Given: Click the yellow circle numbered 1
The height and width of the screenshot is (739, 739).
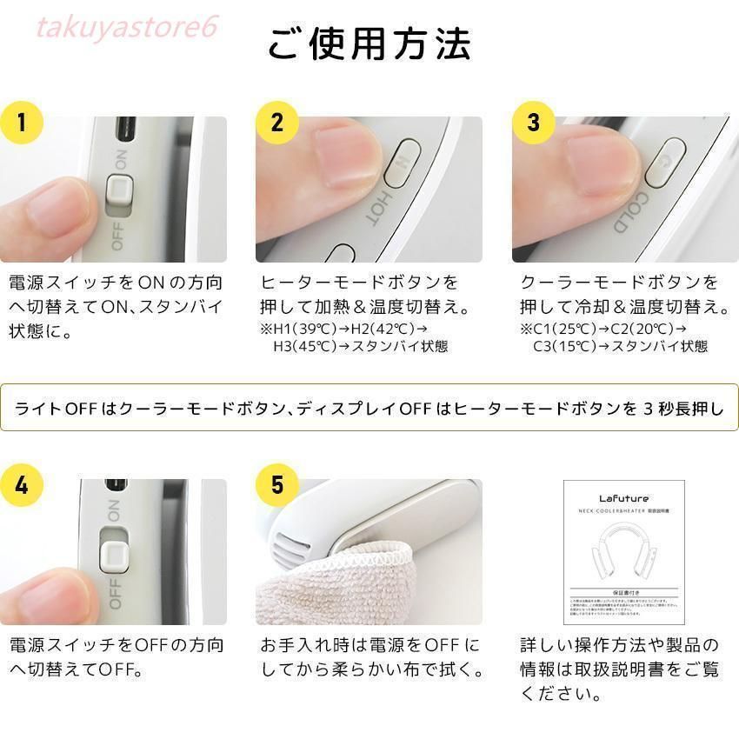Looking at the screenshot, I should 23,122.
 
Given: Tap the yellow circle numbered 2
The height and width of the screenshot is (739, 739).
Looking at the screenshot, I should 277,122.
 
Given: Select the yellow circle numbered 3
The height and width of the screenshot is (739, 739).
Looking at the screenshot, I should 534,122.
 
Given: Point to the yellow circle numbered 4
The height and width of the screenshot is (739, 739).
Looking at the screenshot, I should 23,484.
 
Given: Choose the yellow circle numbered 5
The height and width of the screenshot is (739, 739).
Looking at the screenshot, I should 277,484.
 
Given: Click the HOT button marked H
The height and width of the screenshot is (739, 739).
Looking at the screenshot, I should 403,163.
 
